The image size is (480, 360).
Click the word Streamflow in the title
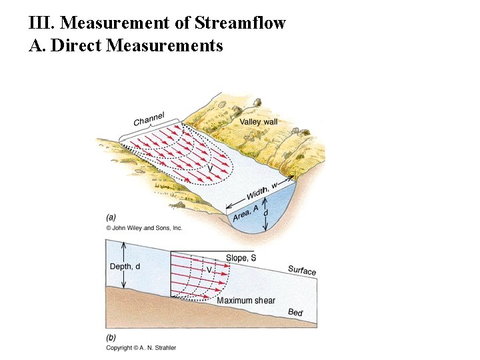coord(240,23)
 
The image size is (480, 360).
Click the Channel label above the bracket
coord(149,119)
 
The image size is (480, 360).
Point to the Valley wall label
coord(258,122)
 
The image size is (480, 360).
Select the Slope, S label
coord(241,258)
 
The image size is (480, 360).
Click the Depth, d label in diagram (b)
coord(125,267)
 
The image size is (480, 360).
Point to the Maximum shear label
coord(246,301)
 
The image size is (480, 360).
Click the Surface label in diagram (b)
coord(302,270)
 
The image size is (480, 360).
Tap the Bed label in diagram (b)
coord(295,312)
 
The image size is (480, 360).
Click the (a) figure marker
coord(111,217)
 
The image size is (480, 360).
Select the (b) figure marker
coord(111,338)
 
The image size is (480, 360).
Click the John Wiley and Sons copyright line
coord(144,228)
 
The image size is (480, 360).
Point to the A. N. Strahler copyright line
coord(141,348)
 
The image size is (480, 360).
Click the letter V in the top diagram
coord(211,169)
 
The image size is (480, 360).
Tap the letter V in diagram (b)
coord(209,271)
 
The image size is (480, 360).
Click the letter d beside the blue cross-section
coord(267,213)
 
